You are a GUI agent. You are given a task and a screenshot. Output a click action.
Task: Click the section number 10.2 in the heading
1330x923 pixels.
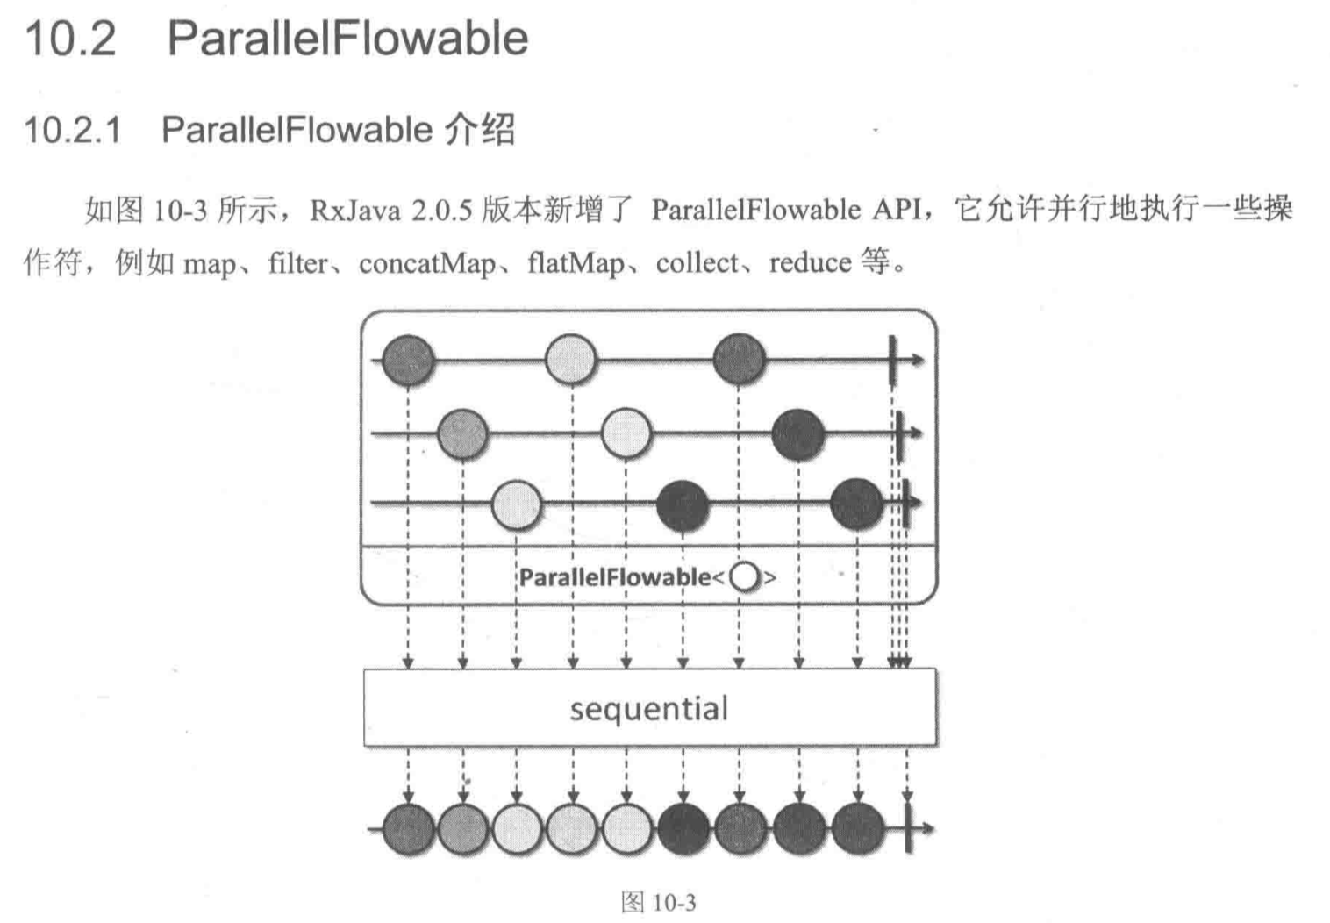(x=70, y=39)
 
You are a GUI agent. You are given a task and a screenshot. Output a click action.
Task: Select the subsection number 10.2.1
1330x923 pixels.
(x=72, y=131)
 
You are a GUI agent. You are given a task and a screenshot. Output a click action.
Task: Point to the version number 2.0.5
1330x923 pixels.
(x=441, y=211)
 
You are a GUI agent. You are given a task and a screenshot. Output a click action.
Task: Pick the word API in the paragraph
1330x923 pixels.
(x=897, y=210)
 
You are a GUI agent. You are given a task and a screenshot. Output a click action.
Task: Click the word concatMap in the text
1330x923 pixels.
(x=426, y=263)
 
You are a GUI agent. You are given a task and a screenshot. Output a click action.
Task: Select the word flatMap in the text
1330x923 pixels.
(x=576, y=263)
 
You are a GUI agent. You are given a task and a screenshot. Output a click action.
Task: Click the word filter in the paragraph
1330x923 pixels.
(x=297, y=263)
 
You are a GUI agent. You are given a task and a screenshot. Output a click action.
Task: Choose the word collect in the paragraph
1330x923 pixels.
(x=697, y=262)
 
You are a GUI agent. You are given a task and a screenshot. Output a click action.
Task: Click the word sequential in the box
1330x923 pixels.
(x=648, y=708)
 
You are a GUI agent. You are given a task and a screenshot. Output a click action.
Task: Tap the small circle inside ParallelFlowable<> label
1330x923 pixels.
(x=745, y=577)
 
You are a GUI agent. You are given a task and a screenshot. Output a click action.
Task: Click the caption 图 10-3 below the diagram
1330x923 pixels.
(x=658, y=902)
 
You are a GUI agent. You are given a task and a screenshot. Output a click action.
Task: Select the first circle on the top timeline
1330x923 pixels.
(x=408, y=360)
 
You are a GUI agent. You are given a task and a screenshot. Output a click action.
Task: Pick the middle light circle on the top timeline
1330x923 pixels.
(x=570, y=360)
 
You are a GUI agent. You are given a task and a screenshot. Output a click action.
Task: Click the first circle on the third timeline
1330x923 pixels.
(x=517, y=504)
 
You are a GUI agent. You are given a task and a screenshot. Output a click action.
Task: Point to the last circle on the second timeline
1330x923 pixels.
(x=798, y=433)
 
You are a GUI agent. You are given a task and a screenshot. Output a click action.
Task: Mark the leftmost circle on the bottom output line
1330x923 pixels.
(x=408, y=829)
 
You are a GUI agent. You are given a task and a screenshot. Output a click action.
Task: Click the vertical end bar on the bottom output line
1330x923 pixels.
(x=907, y=828)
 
